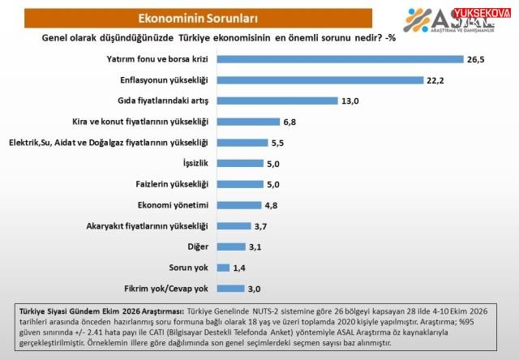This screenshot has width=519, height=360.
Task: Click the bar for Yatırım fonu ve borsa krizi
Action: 341,59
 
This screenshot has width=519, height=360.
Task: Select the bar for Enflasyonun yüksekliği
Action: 320,80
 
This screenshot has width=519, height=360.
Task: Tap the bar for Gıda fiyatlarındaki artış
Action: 277,101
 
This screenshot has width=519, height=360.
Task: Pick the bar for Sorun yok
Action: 224,268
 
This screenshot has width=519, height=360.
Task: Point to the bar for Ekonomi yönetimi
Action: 239,205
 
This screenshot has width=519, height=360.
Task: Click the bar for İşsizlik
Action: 240,164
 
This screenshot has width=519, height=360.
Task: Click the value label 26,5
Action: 476,59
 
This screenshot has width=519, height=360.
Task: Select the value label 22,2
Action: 435,80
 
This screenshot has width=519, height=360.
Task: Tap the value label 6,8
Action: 290,122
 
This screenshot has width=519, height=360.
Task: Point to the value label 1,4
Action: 239,268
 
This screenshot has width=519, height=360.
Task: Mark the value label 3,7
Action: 260,226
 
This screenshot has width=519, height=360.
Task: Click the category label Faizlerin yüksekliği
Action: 172,184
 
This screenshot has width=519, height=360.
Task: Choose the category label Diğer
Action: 198,246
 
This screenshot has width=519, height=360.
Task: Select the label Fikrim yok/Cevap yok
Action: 166,289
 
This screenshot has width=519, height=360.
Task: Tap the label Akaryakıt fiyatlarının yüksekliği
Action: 148,226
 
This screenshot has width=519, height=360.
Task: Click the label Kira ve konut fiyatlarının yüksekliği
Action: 140,122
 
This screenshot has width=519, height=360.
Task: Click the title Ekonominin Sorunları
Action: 198,18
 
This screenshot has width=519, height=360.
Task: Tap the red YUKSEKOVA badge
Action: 482,13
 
